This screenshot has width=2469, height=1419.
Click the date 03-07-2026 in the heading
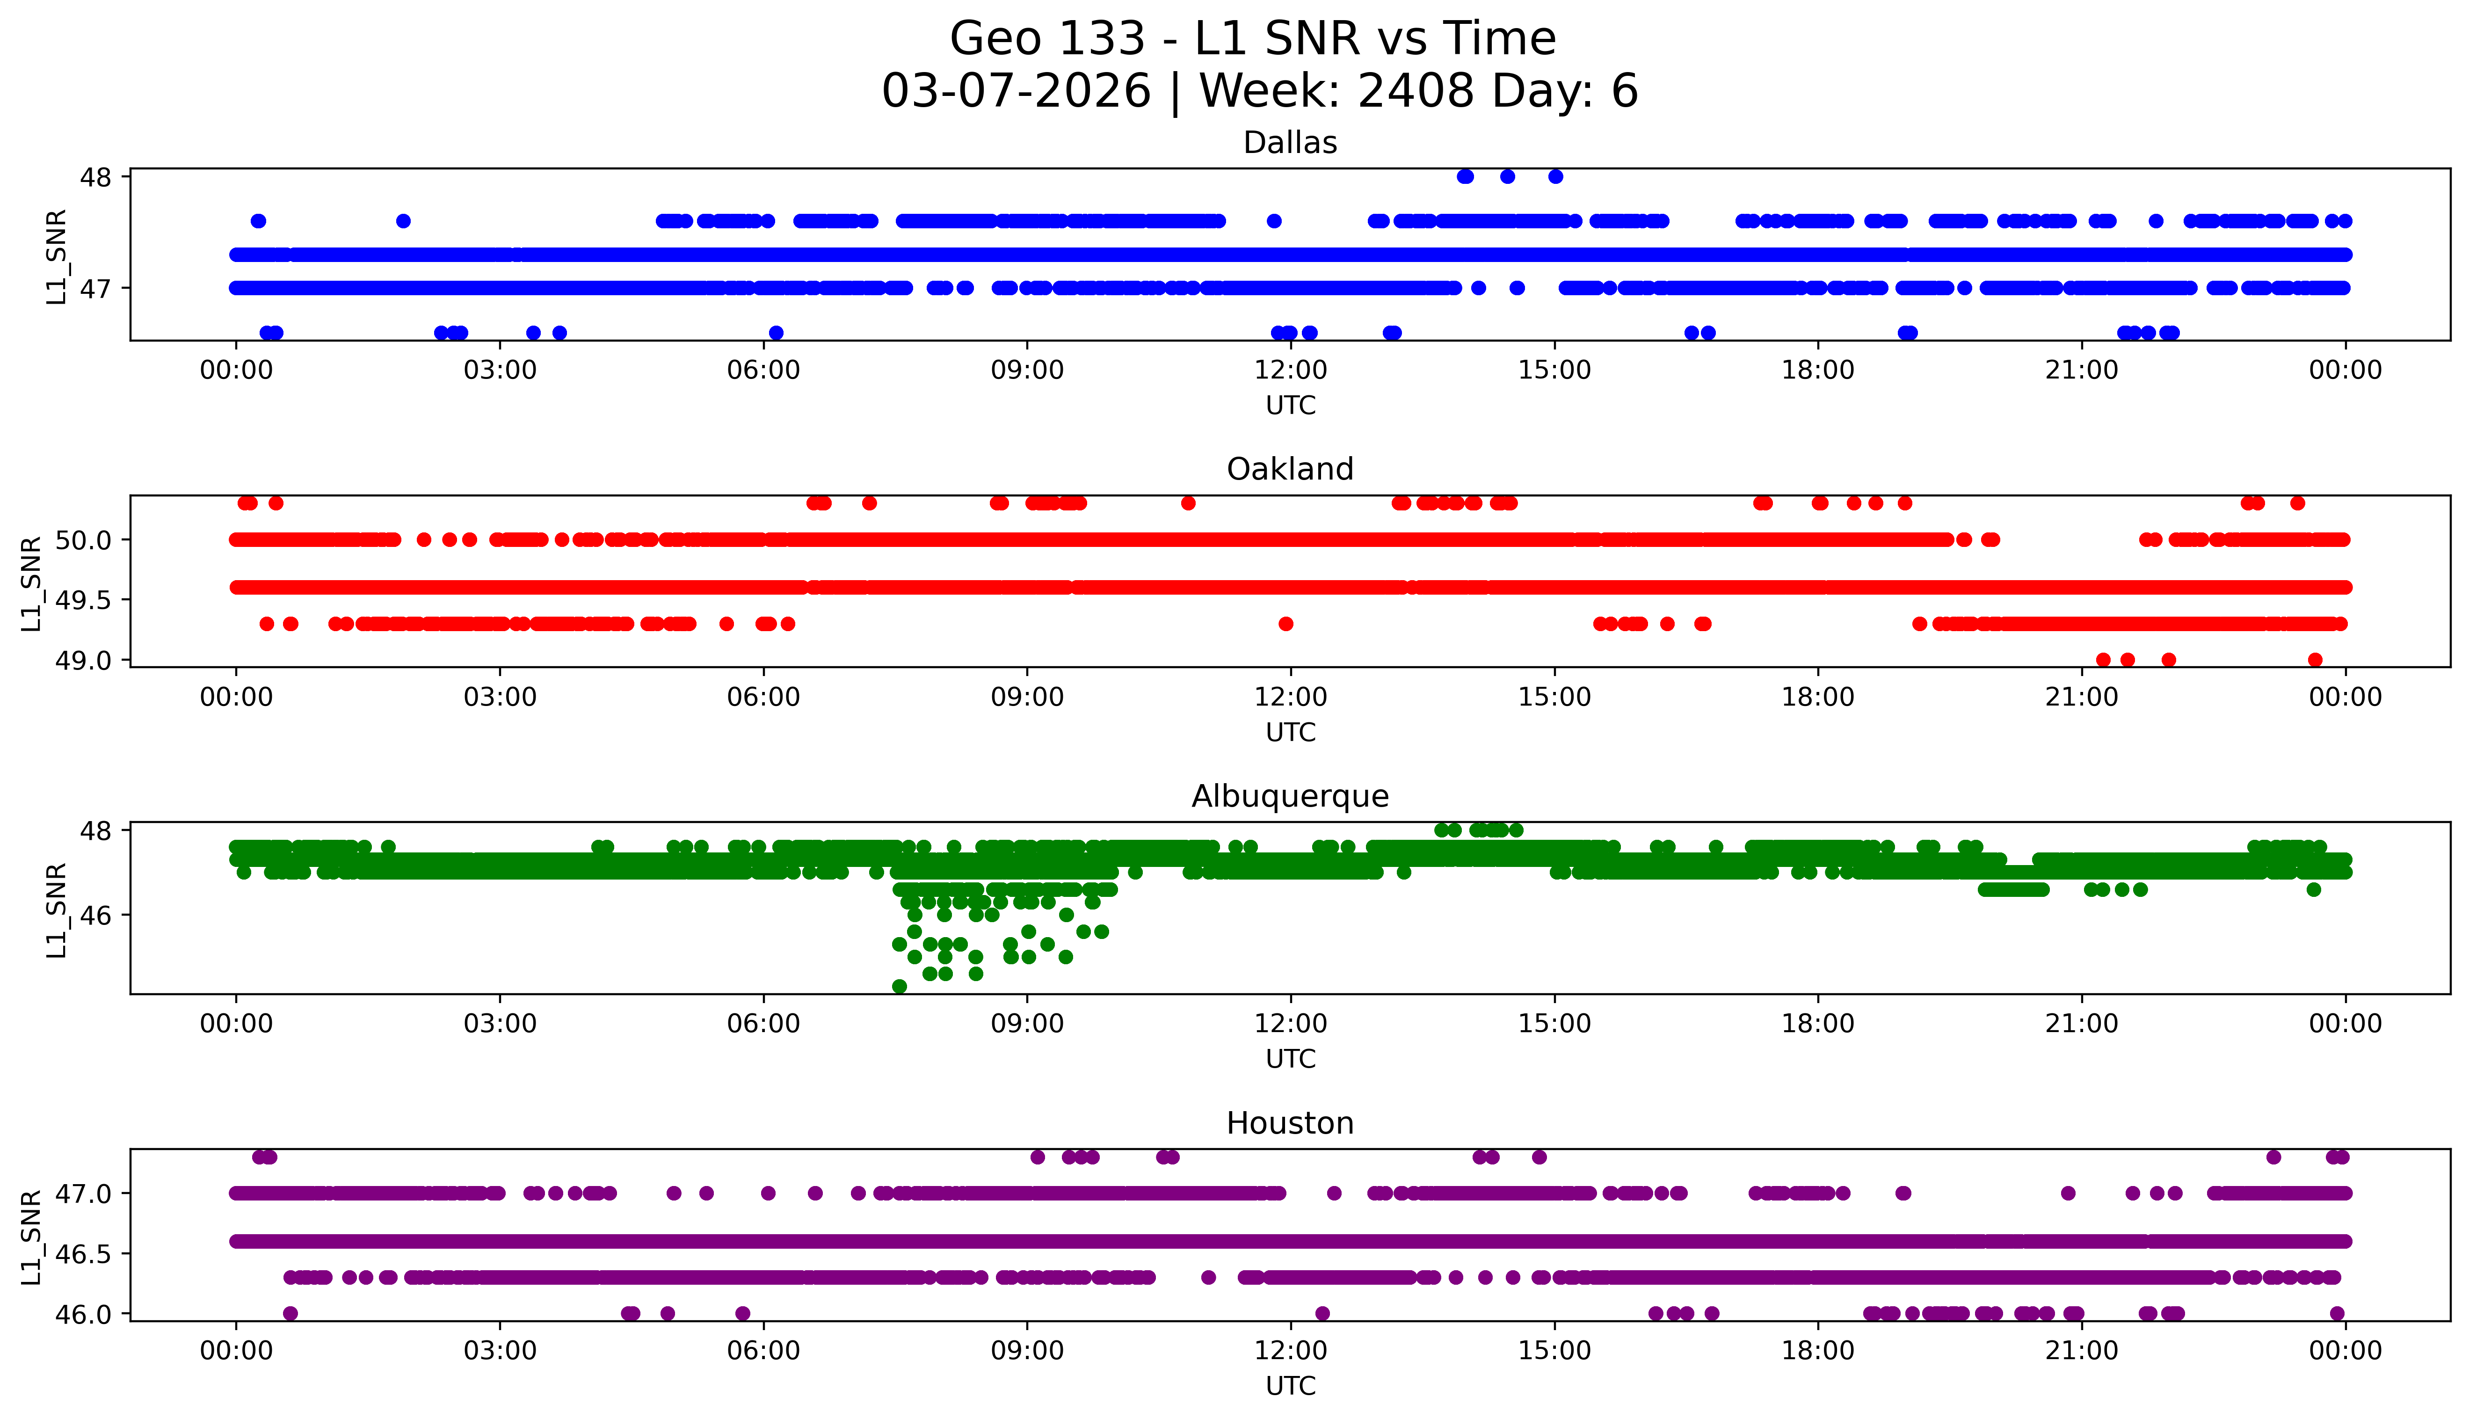tap(1016, 92)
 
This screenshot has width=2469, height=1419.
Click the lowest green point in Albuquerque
tap(899, 986)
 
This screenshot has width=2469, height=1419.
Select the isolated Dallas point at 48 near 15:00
tap(1555, 176)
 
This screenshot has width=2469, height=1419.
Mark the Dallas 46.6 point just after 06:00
tap(776, 332)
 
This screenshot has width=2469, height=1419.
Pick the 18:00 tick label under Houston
tap(1818, 1351)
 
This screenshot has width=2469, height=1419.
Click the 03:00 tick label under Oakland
tap(500, 697)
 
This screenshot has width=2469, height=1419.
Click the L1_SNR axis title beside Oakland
tap(31, 583)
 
